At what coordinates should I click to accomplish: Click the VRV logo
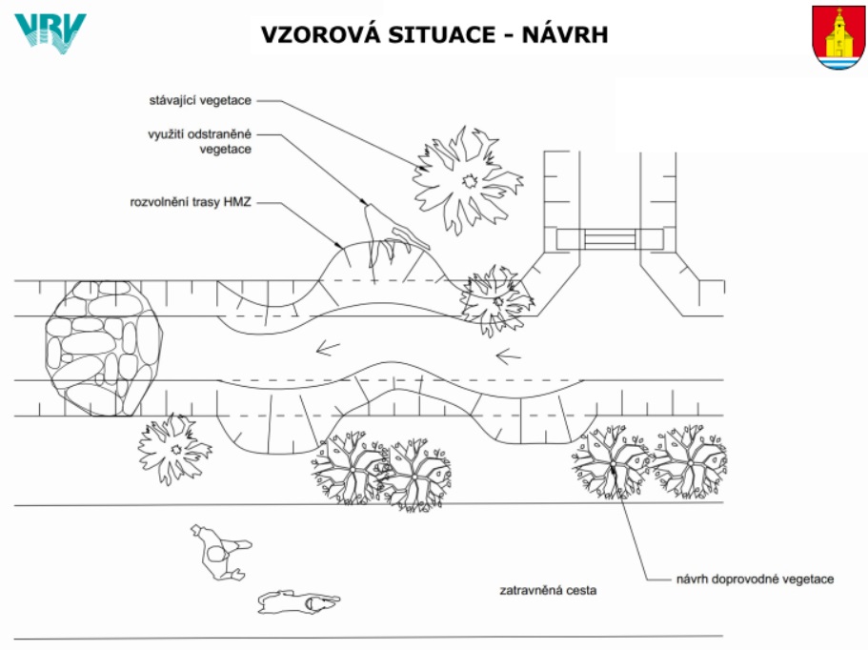tap(50, 33)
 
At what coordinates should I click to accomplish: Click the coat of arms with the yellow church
tap(838, 38)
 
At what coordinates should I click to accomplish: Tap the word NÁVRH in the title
tap(565, 34)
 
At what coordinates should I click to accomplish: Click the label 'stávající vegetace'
tap(200, 100)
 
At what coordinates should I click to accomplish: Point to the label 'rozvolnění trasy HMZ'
tap(191, 202)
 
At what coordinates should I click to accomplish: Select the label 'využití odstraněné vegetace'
tap(199, 141)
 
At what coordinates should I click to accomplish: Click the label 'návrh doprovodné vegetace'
tap(755, 579)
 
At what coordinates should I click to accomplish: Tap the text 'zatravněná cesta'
tap(548, 590)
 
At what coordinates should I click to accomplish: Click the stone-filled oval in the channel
tap(104, 348)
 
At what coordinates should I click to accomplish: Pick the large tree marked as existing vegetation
tap(468, 180)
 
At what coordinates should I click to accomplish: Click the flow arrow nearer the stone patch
tap(328, 348)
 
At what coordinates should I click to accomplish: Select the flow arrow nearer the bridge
tap(508, 356)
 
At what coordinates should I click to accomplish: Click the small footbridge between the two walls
tap(610, 239)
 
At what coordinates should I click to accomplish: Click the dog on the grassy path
tap(298, 601)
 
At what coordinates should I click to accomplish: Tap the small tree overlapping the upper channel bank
tap(496, 301)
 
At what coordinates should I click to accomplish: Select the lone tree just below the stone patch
tap(175, 449)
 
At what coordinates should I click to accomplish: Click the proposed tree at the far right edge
tap(690, 461)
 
